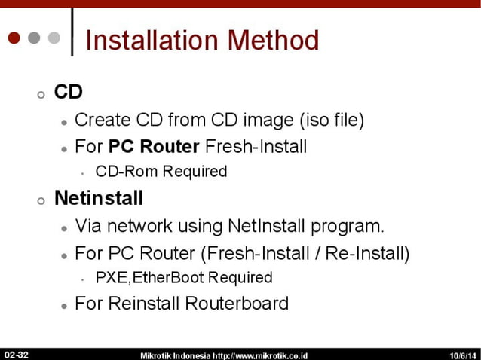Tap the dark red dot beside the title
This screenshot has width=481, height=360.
click(x=15, y=38)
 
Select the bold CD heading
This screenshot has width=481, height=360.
click(x=68, y=93)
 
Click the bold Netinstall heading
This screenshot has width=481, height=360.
click(x=99, y=199)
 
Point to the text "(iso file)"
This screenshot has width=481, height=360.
click(x=332, y=119)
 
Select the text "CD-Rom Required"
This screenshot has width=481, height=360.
click(x=161, y=172)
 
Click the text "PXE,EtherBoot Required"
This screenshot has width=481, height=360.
click(x=183, y=278)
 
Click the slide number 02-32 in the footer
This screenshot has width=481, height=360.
click(x=16, y=354)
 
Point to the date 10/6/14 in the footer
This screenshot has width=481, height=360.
click(x=462, y=355)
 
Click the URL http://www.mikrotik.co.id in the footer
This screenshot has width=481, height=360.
click(x=260, y=355)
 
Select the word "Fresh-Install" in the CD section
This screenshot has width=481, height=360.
click(x=261, y=145)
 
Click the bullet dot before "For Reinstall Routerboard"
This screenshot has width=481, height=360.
click(x=65, y=306)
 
